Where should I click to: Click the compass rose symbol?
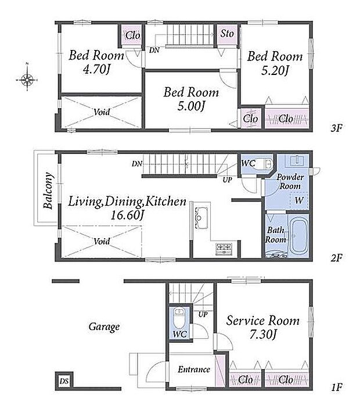click(x=27, y=80)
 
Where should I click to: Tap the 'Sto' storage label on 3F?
click(x=227, y=33)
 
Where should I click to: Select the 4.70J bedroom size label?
click(x=96, y=69)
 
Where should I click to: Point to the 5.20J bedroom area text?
click(x=275, y=70)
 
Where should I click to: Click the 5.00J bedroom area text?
click(x=191, y=106)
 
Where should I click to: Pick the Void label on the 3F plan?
click(x=102, y=112)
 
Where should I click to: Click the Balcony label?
click(x=48, y=191)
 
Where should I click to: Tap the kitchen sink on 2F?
click(x=199, y=217)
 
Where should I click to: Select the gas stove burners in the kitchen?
click(x=224, y=249)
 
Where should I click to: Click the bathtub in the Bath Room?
click(x=299, y=236)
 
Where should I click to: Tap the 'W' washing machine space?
click(x=299, y=200)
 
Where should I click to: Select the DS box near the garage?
click(x=64, y=381)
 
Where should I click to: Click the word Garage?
click(x=104, y=327)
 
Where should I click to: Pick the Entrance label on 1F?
click(x=194, y=370)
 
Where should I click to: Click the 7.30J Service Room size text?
click(x=263, y=335)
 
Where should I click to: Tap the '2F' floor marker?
click(x=337, y=258)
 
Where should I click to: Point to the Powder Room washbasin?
click(x=297, y=160)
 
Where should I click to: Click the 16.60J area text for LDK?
click(x=127, y=215)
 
